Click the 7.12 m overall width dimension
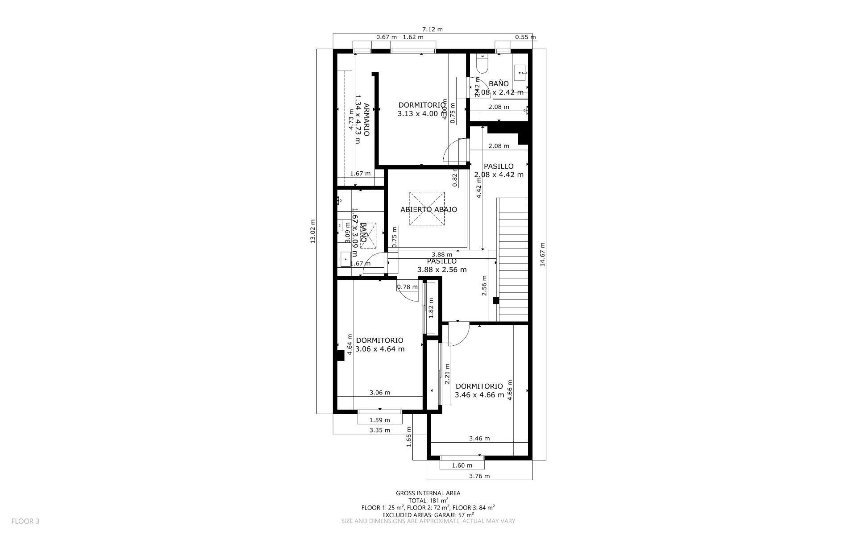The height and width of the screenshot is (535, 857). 432,29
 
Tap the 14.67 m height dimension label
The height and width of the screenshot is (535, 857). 542,254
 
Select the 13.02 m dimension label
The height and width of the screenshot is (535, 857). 312,231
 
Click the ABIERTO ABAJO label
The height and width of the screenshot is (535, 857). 428,209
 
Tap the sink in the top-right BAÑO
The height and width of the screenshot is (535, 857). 520,71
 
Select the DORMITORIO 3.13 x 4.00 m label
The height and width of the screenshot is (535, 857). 421,109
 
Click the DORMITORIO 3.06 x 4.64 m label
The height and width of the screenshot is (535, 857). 380,344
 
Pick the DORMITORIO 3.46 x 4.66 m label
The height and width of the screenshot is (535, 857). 479,390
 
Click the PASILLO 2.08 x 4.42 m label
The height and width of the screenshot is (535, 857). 499,170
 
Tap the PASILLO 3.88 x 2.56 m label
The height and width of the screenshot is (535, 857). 441,265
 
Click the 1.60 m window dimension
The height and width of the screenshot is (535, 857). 462,465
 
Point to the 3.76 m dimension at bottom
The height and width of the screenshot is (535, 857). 479,476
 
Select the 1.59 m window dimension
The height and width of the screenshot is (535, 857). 379,420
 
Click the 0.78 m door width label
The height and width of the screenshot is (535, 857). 407,287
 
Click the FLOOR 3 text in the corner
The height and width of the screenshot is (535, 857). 25,521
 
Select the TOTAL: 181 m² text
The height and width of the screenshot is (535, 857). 428,501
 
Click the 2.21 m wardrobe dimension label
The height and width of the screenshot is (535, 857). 447,374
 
